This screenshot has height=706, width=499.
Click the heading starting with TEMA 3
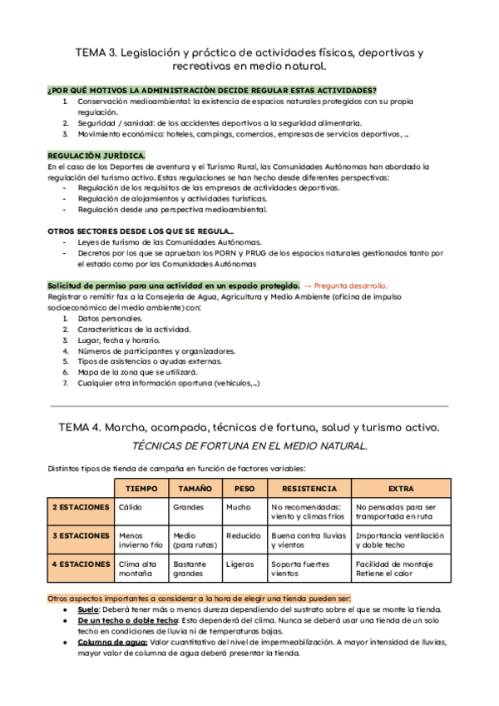pyautogui.click(x=249, y=58)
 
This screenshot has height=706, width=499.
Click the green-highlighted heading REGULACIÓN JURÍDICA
pyautogui.click(x=96, y=156)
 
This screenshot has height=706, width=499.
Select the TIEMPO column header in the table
pyautogui.click(x=140, y=489)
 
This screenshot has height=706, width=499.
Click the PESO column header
pyautogui.click(x=244, y=489)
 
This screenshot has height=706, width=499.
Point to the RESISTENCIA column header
pyautogui.click(x=309, y=489)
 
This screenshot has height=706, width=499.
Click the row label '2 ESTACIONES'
pyautogui.click(x=80, y=507)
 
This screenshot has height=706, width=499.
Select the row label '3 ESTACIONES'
pyautogui.click(x=80, y=535)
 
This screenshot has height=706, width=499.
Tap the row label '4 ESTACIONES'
pyautogui.click(x=80, y=564)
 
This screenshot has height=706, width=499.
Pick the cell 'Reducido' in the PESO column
pyautogui.click(x=244, y=535)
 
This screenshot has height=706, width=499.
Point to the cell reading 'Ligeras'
pyautogui.click(x=240, y=564)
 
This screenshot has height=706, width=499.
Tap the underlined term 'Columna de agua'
pyautogui.click(x=112, y=643)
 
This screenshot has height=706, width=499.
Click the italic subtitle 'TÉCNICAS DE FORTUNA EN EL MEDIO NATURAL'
pyautogui.click(x=249, y=447)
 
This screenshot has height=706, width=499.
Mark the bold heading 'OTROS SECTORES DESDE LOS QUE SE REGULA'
pyautogui.click(x=141, y=231)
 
